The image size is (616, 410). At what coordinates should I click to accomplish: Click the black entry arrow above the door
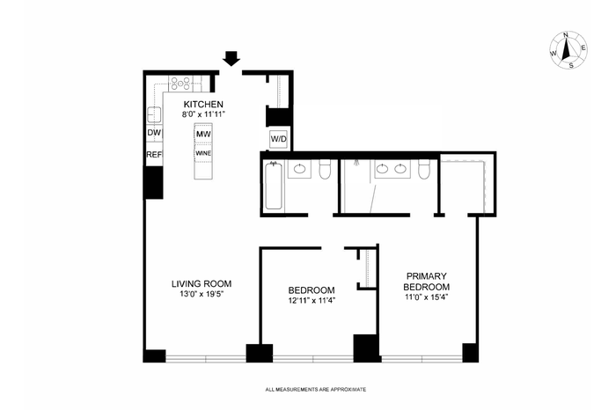click(x=231, y=59)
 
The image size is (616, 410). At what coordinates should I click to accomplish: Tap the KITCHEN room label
click(x=203, y=105)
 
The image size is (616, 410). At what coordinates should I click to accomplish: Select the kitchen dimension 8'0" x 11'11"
click(x=203, y=114)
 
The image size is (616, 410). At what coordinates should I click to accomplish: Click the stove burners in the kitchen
click(x=180, y=84)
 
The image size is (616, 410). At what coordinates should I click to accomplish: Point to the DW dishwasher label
click(x=154, y=133)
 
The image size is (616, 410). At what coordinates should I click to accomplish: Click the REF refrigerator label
click(x=154, y=155)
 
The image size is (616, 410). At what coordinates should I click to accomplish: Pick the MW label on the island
click(x=203, y=134)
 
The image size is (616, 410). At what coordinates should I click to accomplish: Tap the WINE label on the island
click(x=203, y=153)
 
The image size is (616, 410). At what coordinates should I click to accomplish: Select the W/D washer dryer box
click(x=279, y=139)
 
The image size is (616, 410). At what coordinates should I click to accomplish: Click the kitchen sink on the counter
click(x=154, y=114)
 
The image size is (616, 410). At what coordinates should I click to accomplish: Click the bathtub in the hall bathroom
click(x=274, y=186)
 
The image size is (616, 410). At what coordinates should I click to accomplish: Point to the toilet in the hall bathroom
click(x=325, y=169)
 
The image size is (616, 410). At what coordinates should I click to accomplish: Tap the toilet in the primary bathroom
click(x=424, y=169)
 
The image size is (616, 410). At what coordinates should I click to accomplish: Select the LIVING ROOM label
click(x=202, y=283)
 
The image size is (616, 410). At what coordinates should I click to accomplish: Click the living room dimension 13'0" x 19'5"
click(x=202, y=294)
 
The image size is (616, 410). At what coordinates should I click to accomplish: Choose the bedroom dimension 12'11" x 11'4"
click(x=312, y=300)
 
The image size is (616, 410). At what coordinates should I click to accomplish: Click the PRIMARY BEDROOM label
click(x=427, y=282)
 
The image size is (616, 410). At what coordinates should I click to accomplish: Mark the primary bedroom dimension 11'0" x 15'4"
click(x=427, y=297)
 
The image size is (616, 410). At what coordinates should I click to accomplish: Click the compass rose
click(x=568, y=50)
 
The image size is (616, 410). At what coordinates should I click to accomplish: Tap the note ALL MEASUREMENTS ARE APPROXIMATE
click(x=316, y=390)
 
